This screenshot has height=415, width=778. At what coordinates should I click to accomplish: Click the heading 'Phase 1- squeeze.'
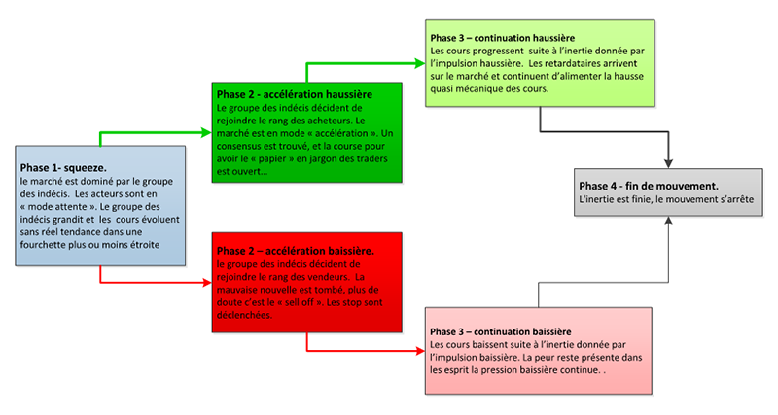(x=63, y=168)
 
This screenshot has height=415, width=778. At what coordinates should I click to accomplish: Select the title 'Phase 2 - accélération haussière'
(x=295, y=94)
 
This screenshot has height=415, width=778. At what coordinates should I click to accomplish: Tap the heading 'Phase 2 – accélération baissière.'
(x=296, y=251)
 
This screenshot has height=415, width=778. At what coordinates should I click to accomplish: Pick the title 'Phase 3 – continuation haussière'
(x=503, y=38)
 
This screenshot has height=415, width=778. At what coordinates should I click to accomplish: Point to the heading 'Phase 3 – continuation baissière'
(x=501, y=331)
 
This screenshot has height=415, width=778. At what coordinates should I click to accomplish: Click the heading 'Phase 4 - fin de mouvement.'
(x=649, y=186)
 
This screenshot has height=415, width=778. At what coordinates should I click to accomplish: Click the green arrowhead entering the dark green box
(x=206, y=132)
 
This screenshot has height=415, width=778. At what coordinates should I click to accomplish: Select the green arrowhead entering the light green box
(x=420, y=63)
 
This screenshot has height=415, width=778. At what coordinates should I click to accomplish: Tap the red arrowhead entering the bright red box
(x=207, y=283)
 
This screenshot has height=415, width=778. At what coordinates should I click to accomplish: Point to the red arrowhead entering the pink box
(x=420, y=351)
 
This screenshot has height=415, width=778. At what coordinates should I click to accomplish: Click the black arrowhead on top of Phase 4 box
(x=668, y=163)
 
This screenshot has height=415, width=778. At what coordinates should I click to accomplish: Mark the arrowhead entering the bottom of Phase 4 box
(x=668, y=221)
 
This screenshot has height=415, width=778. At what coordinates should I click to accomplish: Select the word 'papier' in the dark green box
(x=272, y=159)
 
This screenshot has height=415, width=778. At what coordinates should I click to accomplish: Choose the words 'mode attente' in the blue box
(x=57, y=207)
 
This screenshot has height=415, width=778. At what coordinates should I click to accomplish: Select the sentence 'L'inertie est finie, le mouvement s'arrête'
(x=666, y=199)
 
